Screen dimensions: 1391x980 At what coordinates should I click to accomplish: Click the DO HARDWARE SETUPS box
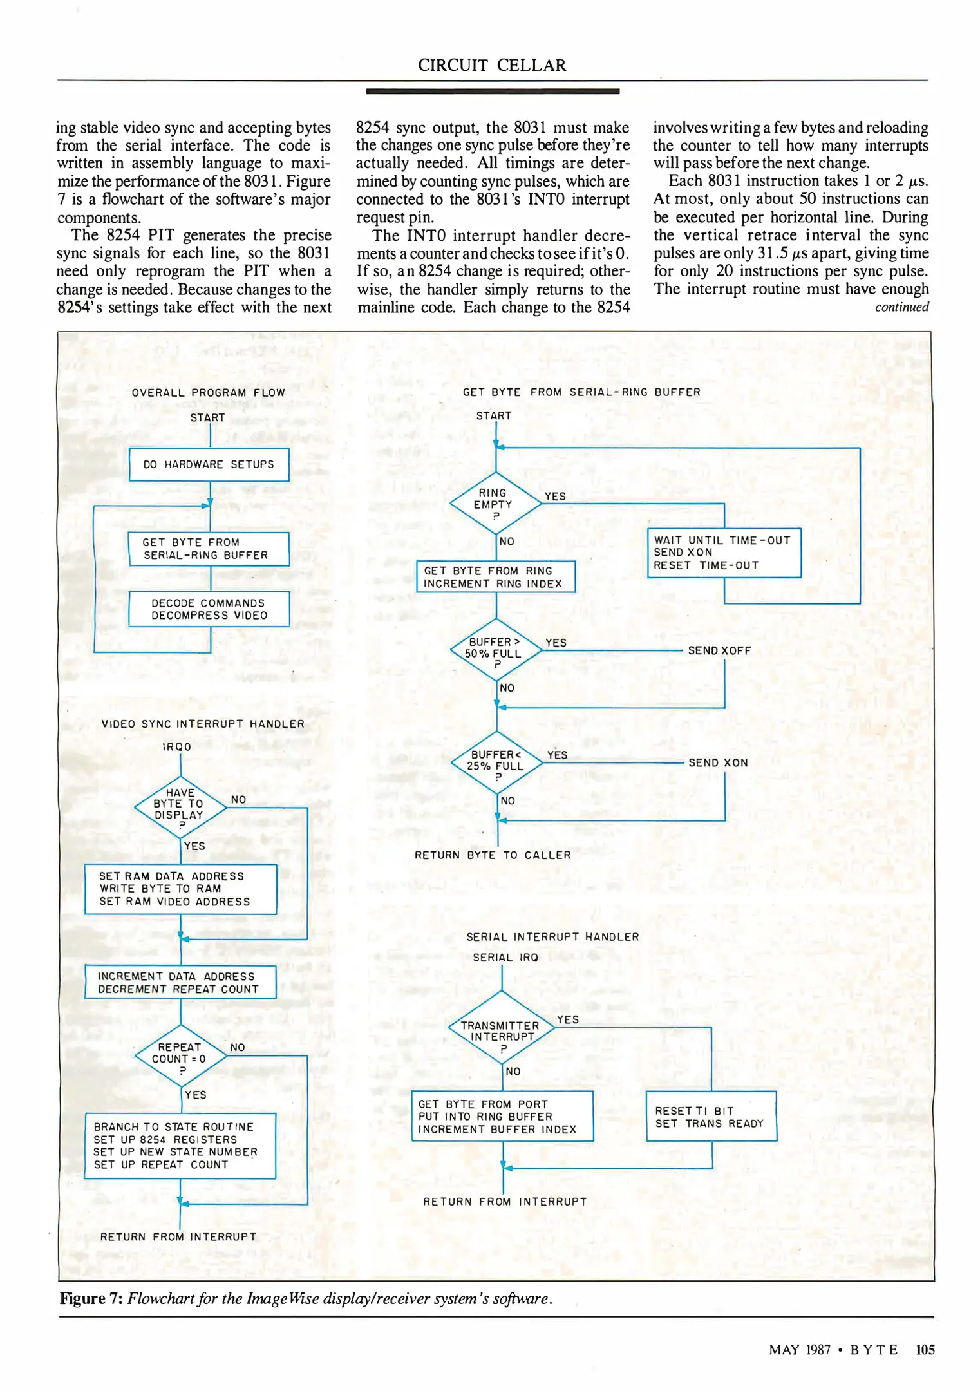pos(209,464)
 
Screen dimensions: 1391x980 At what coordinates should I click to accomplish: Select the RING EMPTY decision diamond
pos(495,504)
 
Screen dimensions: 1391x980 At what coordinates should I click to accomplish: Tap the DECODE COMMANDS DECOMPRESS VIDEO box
pos(209,609)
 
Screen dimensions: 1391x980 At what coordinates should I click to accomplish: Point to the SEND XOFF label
pos(719,650)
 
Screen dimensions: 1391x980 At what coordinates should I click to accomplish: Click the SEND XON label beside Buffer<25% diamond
pos(718,762)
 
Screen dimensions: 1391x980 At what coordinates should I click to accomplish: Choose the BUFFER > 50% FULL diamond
pos(495,650)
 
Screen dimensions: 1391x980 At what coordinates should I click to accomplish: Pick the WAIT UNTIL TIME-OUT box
pos(724,553)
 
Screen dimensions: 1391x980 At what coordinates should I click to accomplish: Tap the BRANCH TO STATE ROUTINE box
pos(180,1146)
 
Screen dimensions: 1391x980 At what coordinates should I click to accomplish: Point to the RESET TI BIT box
pos(711,1117)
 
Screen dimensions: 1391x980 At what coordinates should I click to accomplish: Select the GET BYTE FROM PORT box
pos(502,1117)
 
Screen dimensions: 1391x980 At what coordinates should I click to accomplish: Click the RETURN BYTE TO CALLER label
pos(493,855)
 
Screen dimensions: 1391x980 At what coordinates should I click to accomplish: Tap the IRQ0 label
pos(176,747)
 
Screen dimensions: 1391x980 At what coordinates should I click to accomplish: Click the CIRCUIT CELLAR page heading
pos(492,65)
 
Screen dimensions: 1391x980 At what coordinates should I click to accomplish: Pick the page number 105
pos(925,1350)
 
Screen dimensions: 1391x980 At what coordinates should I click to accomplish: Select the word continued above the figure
pos(901,307)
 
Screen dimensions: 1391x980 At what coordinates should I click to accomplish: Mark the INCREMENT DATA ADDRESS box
pos(180,983)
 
